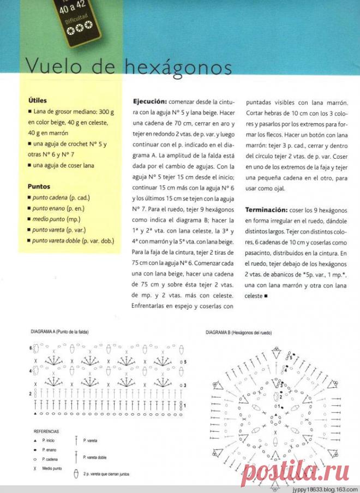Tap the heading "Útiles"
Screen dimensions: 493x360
pyautogui.click(x=38, y=100)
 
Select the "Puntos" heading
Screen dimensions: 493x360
pyautogui.click(x=39, y=186)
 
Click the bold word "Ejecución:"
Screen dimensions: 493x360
pyautogui.click(x=149, y=102)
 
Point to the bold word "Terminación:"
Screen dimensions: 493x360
pyautogui.click(x=266, y=210)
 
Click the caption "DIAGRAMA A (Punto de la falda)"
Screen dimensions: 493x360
pyautogui.click(x=60, y=332)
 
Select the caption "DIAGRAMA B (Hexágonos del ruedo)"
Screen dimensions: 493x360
pyautogui.click(x=238, y=333)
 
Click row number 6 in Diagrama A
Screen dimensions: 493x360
pyautogui.click(x=31, y=347)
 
